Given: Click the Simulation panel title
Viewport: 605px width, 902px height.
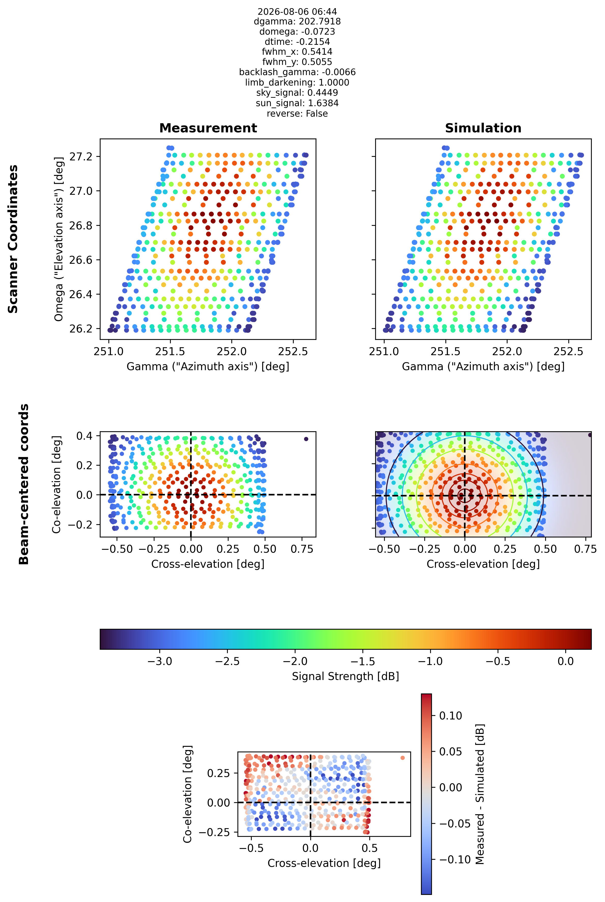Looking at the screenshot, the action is [483, 128].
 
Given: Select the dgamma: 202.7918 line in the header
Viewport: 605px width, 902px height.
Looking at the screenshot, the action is [297, 22].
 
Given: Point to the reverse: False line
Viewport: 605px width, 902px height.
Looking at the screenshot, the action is [297, 114].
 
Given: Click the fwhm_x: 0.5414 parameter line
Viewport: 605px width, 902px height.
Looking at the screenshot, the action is [297, 52].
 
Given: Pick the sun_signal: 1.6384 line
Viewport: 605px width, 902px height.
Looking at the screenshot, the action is [297, 103].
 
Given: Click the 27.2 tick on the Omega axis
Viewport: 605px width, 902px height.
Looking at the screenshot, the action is [81, 156].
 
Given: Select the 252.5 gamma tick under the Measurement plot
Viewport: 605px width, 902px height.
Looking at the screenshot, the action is [293, 351].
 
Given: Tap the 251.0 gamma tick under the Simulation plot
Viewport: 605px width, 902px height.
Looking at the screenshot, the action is [384, 351].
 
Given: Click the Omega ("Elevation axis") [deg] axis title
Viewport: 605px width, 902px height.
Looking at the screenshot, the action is [59, 239].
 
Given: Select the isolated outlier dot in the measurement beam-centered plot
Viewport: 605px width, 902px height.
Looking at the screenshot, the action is [306, 439].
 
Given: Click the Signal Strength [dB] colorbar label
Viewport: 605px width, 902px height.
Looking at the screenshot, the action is [345, 676].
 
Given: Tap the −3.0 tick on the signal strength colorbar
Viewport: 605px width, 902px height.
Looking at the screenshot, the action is [160, 661].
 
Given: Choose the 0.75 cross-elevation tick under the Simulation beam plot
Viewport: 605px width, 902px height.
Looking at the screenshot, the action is [585, 549].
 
